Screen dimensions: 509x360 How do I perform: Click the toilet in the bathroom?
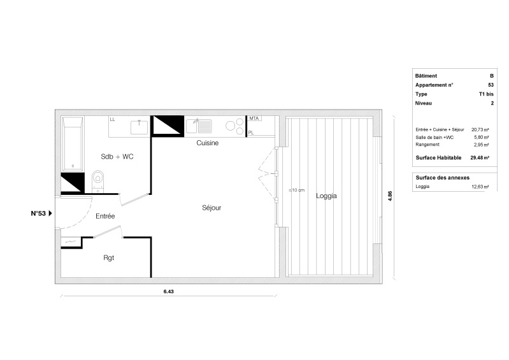click(x=97, y=181)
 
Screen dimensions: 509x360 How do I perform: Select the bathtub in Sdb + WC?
click(x=73, y=144)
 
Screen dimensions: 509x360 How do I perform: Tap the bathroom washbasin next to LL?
click(x=139, y=127)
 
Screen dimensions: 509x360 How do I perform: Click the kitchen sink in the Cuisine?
click(x=199, y=126)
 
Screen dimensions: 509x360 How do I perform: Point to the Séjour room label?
click(x=211, y=208)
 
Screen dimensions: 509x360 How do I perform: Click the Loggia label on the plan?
click(x=326, y=196)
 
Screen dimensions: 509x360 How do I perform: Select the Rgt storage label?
click(x=109, y=258)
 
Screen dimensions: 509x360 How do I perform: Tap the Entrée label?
click(x=105, y=216)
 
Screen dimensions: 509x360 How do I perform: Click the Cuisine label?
click(x=208, y=143)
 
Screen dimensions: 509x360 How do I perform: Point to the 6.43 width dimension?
click(x=168, y=292)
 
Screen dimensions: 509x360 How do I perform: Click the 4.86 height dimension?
click(x=390, y=196)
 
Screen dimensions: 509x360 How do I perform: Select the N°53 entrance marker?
click(x=41, y=213)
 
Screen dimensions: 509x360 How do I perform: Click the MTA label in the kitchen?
click(x=254, y=119)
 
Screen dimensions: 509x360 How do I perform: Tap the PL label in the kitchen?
click(x=251, y=133)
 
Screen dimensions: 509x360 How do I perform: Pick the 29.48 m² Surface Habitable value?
click(x=480, y=158)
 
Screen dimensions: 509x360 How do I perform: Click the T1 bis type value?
click(x=486, y=94)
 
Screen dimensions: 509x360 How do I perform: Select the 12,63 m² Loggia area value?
click(x=480, y=187)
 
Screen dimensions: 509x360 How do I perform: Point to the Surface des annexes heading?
click(x=443, y=178)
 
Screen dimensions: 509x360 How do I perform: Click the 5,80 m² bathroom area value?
click(x=482, y=138)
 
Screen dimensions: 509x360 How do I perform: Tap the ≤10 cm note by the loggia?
click(x=297, y=191)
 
